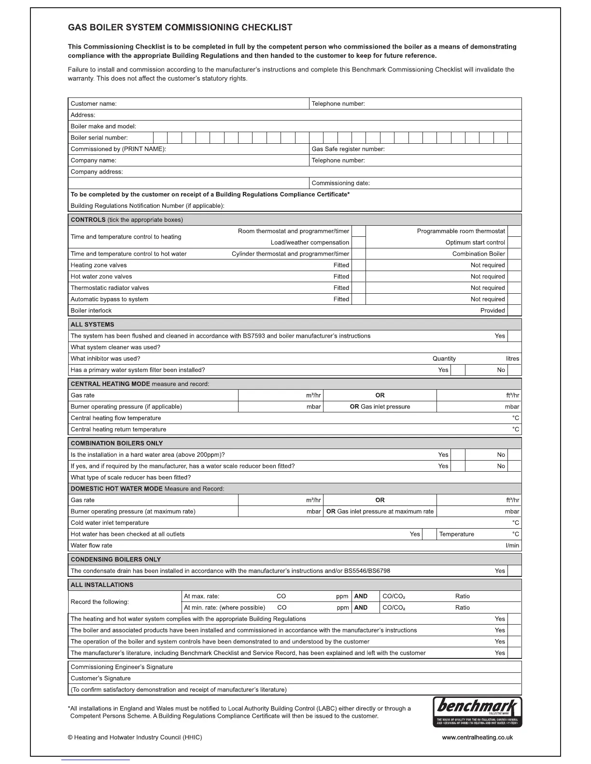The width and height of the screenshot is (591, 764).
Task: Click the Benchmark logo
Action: tap(477, 711)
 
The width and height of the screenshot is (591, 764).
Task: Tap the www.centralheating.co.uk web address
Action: tap(477, 737)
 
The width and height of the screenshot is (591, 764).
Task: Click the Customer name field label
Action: tap(94, 104)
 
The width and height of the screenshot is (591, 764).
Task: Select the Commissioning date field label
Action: tap(340, 183)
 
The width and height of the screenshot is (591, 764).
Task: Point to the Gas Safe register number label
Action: tap(348, 149)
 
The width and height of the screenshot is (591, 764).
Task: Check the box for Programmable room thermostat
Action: tap(515, 231)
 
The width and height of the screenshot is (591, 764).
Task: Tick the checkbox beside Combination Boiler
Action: tap(515, 254)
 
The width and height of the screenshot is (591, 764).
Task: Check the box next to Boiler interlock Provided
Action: tap(515, 311)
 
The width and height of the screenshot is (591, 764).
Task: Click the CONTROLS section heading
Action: tap(88, 220)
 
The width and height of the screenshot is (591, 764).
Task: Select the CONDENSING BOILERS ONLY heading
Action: tap(116, 559)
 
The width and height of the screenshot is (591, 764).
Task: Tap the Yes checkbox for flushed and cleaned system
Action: tap(515, 336)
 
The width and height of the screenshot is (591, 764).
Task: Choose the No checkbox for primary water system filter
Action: tap(515, 370)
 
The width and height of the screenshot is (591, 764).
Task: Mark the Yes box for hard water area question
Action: tap(458, 455)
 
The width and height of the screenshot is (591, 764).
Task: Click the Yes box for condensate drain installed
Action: tap(515, 571)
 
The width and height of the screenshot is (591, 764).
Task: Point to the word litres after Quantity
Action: tap(512, 359)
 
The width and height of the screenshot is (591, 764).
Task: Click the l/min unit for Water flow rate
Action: tap(512, 546)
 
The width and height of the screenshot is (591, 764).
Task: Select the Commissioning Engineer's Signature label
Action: tap(122, 667)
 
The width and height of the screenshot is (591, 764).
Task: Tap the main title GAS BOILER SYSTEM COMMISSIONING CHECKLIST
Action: tap(180, 27)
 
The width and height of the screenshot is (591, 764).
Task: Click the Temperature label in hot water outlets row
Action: tap(456, 534)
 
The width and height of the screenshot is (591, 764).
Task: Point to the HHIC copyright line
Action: tap(135, 737)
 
